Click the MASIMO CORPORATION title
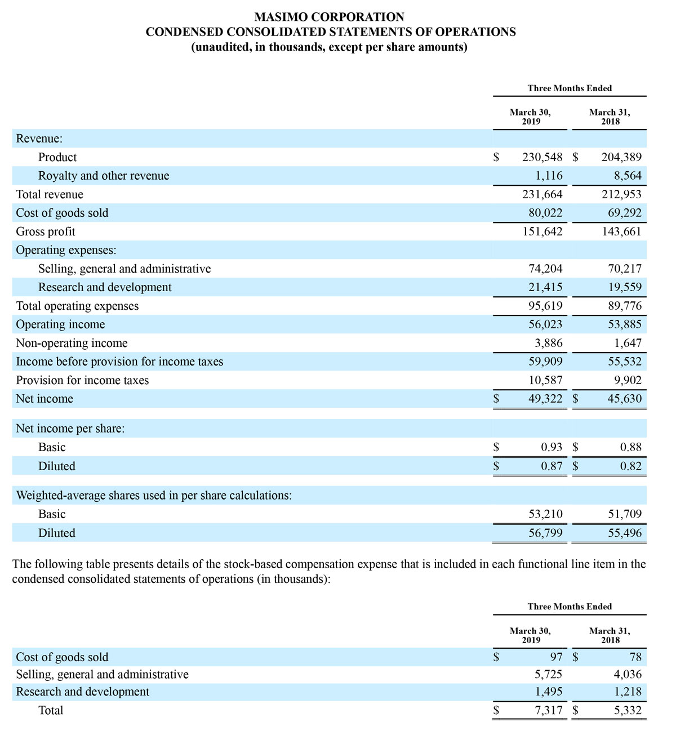[x=330, y=17]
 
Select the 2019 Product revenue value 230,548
[x=542, y=158]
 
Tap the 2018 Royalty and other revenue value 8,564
[x=628, y=176]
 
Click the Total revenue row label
[x=50, y=195]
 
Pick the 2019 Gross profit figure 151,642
[x=542, y=231]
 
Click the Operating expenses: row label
[x=66, y=250]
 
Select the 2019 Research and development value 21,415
[x=545, y=287]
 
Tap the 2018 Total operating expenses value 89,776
[x=625, y=306]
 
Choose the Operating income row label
[x=60, y=325]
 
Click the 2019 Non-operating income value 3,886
[x=548, y=343]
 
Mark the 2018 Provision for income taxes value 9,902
[x=628, y=380]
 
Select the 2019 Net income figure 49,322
[x=545, y=399]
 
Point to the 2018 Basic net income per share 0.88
[x=630, y=447]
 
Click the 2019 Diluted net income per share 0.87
[x=552, y=466]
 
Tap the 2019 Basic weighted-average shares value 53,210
[x=545, y=514]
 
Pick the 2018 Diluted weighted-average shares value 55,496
[x=625, y=533]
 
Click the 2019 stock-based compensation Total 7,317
[x=548, y=710]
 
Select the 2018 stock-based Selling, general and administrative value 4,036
[x=628, y=674]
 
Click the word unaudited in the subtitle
[x=221, y=47]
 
